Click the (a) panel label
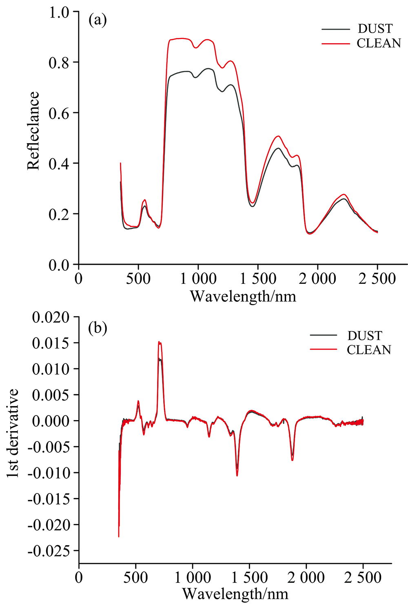point(98,20)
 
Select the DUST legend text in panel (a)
point(375,29)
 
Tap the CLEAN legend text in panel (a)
point(379,43)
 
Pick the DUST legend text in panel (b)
point(365,336)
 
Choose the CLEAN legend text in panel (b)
point(369,350)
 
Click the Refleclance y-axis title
point(33,131)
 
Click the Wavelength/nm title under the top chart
point(243,296)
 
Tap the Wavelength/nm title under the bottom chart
point(235,593)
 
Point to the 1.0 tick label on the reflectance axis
point(60,12)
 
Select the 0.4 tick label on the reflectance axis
point(60,164)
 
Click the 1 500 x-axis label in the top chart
point(258,279)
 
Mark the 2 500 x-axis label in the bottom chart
point(363,577)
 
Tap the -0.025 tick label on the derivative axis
point(48,551)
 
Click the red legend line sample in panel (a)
point(335,43)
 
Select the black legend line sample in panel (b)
point(324,335)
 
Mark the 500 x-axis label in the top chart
point(138,279)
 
